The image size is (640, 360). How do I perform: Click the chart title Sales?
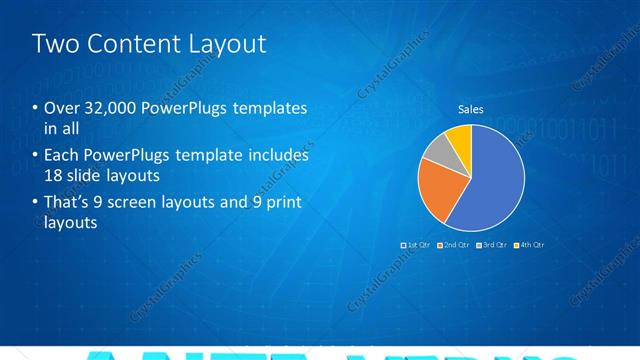point(471,109)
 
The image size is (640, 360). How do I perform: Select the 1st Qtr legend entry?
point(416,244)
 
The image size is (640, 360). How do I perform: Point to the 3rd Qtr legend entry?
point(493,244)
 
